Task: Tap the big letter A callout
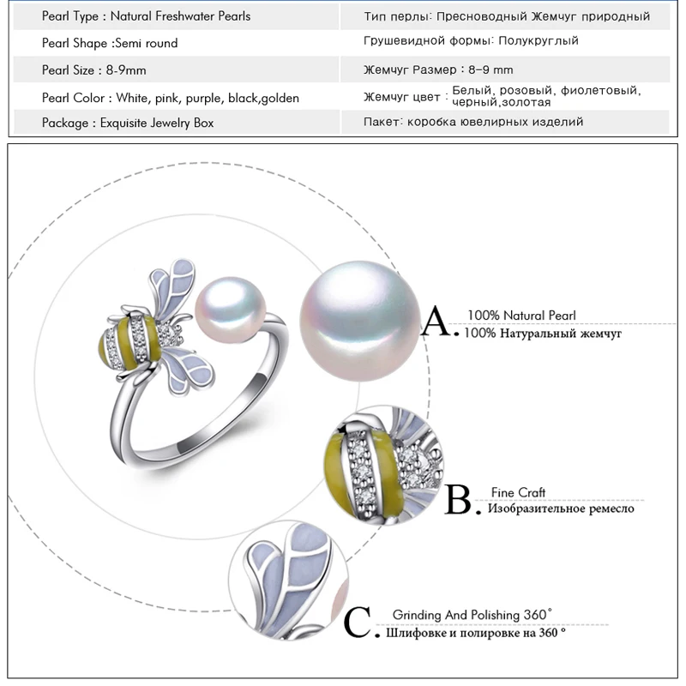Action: pos(436,321)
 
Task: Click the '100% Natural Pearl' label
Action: pos(521,315)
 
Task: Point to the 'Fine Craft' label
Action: pos(518,492)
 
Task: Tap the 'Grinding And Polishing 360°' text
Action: pos(472,615)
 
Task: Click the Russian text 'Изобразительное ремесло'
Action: pos(561,508)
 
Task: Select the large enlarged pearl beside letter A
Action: pos(359,321)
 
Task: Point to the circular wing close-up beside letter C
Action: pos(289,581)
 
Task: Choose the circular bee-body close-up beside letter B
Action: pos(383,465)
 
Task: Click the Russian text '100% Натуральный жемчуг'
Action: pos(543,334)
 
